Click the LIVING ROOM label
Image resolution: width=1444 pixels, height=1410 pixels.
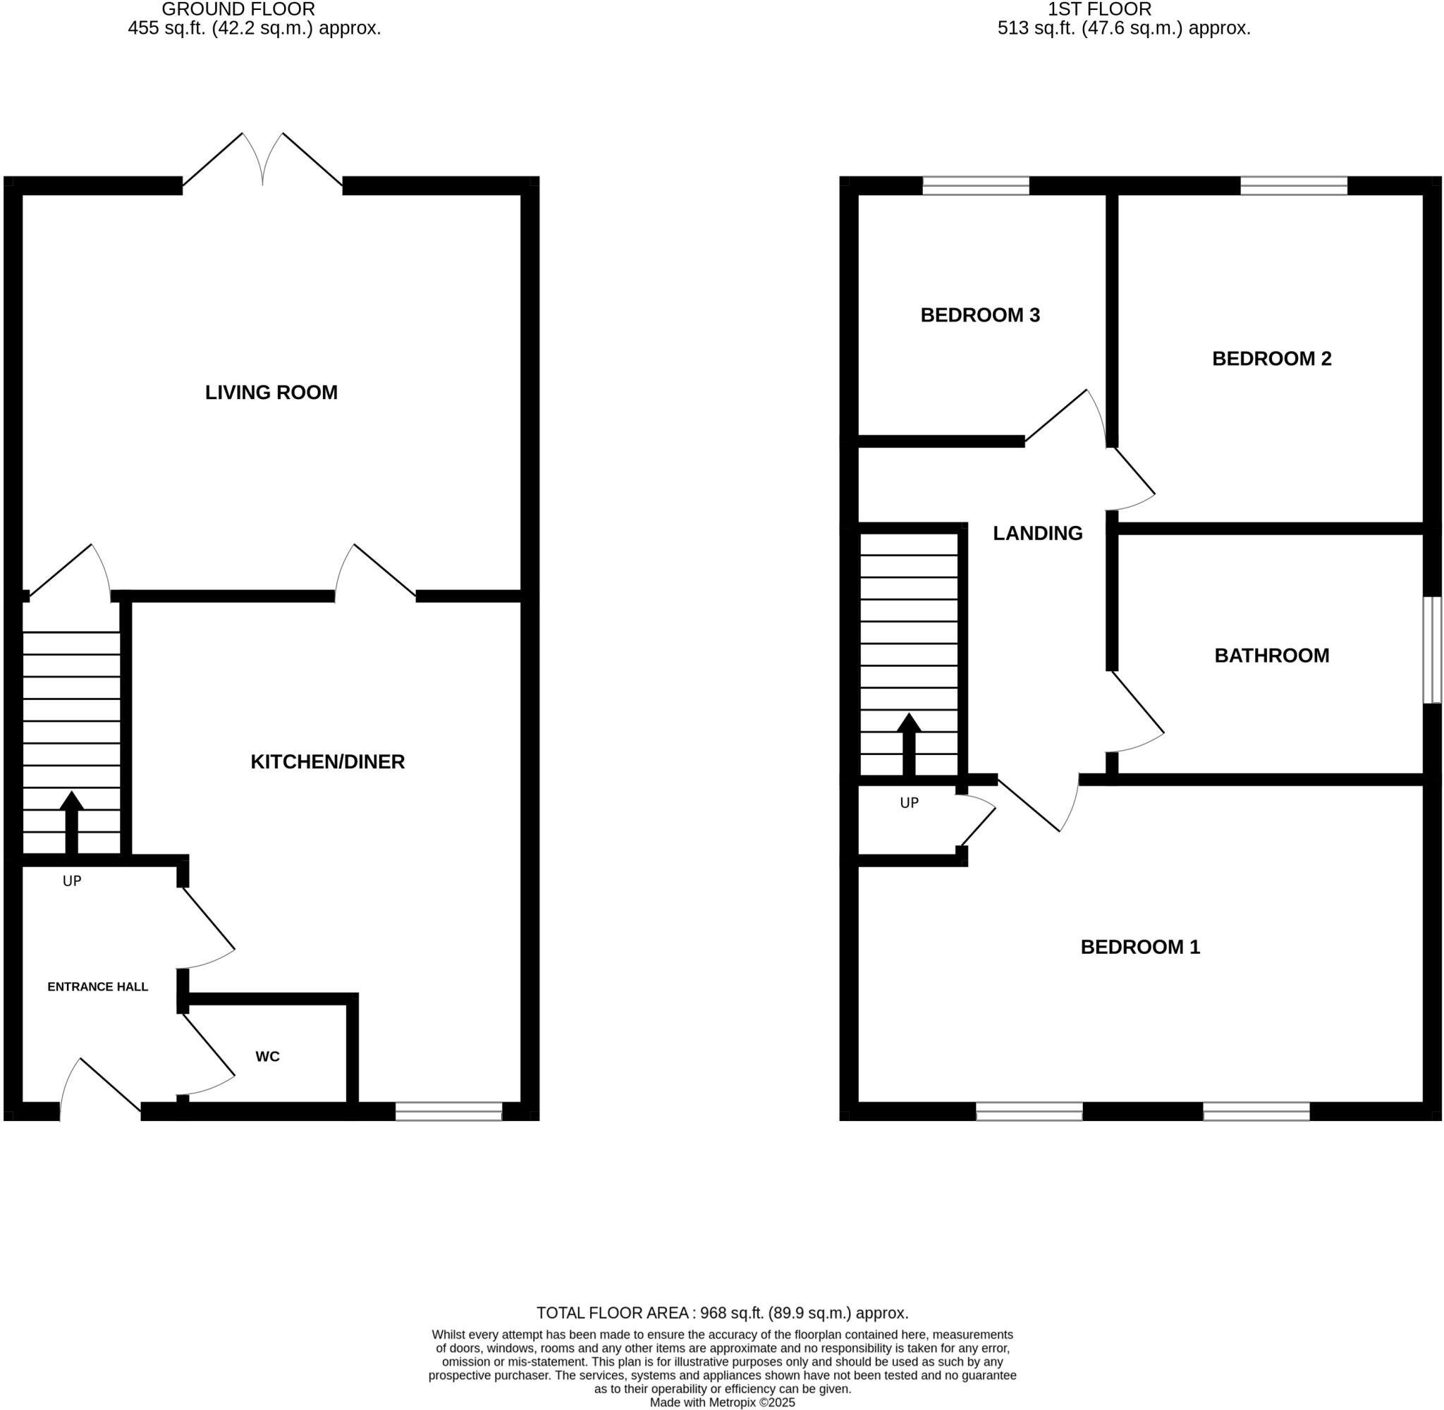tap(271, 393)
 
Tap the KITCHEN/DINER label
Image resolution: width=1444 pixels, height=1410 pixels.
tap(327, 761)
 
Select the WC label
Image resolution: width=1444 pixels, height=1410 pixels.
tap(267, 1057)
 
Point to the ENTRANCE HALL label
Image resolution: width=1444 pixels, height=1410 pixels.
tap(98, 986)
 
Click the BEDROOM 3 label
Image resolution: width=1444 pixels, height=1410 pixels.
tap(979, 315)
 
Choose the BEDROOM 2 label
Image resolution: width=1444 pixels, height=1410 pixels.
tap(1271, 358)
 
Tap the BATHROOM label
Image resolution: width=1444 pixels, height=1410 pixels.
tap(1271, 656)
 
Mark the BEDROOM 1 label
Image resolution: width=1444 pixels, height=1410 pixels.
tap(1139, 946)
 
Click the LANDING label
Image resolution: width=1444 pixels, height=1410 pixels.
tap(1036, 533)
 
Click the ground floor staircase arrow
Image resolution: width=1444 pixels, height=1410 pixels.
tap(72, 821)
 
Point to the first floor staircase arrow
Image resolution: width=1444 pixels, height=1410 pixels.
tap(909, 744)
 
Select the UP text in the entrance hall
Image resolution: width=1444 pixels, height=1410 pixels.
tap(72, 881)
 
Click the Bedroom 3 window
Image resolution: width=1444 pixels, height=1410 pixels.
tap(975, 185)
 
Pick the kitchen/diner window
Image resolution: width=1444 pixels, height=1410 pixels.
tap(448, 1111)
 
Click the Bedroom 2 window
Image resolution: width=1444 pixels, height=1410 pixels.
tap(1293, 185)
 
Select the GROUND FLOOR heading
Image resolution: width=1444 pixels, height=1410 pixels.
tap(238, 10)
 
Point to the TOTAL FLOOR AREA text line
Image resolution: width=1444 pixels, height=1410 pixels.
tap(722, 1313)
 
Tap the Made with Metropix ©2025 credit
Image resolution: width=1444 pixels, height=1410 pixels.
tap(722, 1402)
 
